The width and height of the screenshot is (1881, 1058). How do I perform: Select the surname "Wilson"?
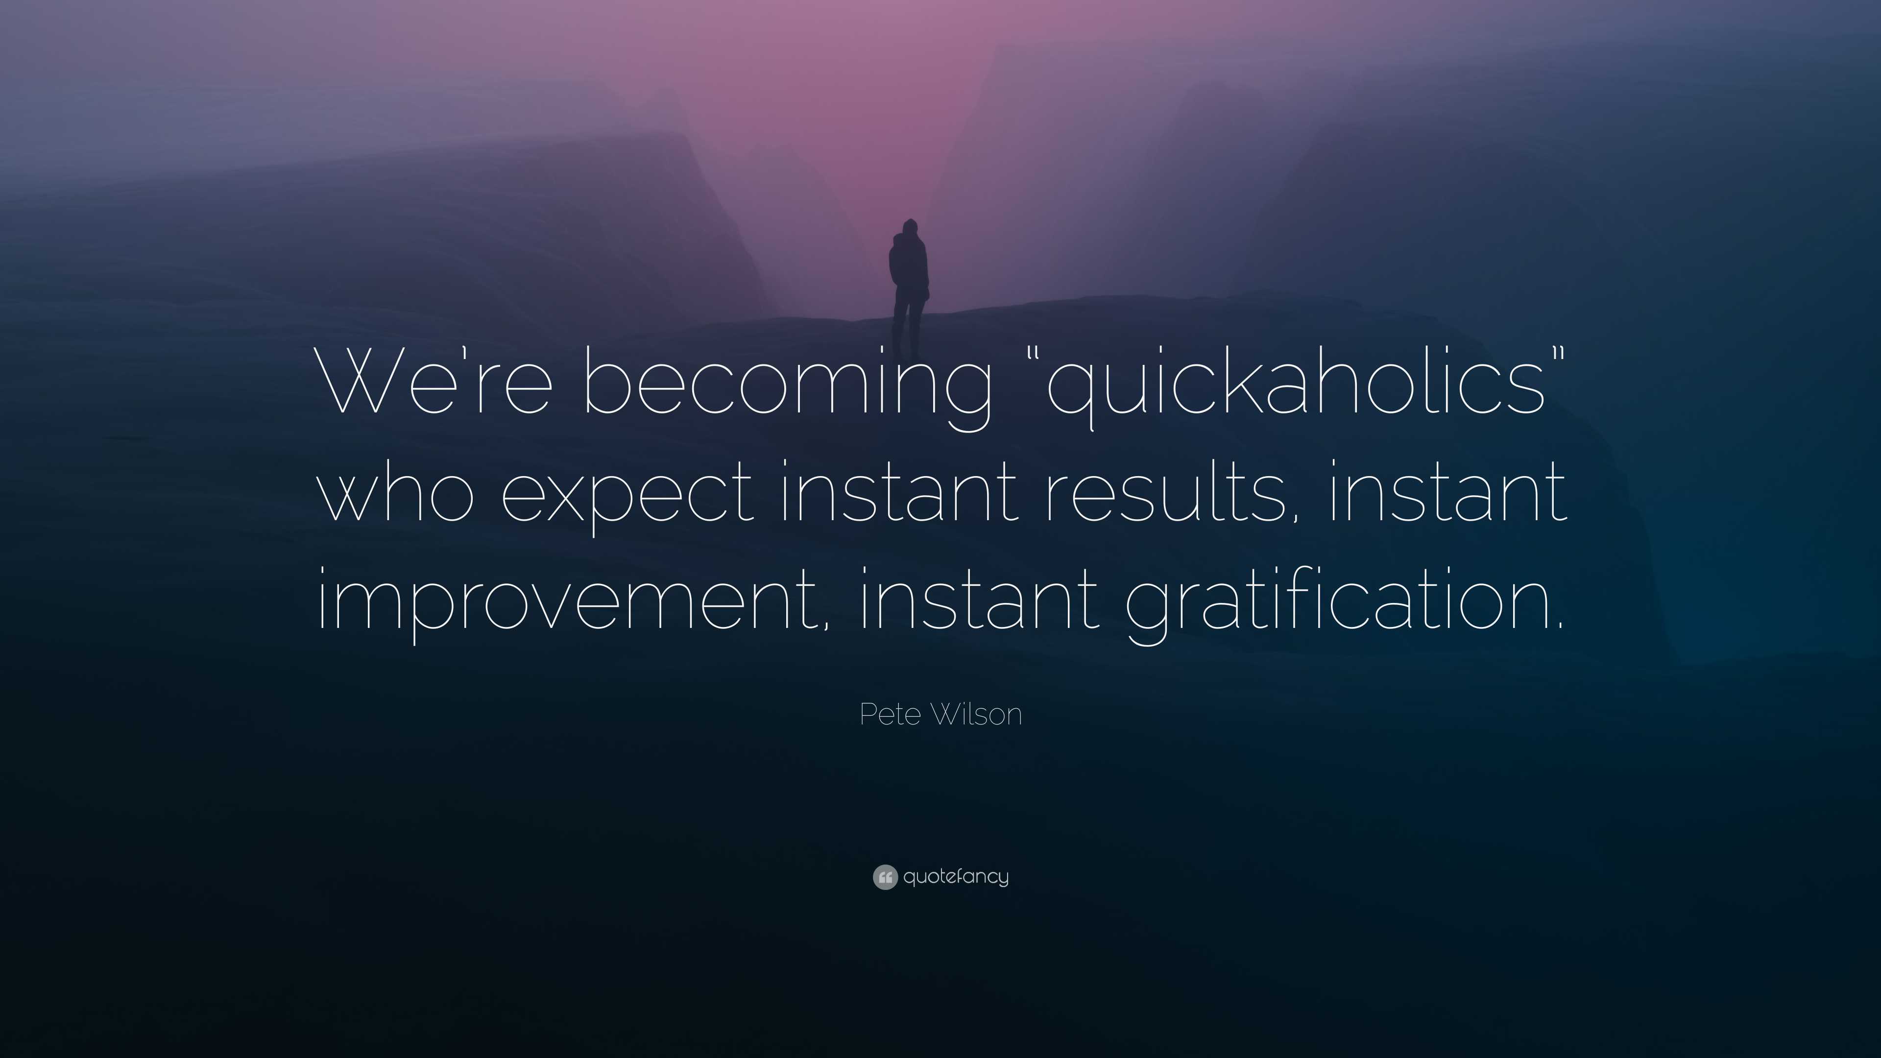point(975,714)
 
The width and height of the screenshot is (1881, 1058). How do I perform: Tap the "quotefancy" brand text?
point(956,876)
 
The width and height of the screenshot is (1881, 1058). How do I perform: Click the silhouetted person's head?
point(909,227)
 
